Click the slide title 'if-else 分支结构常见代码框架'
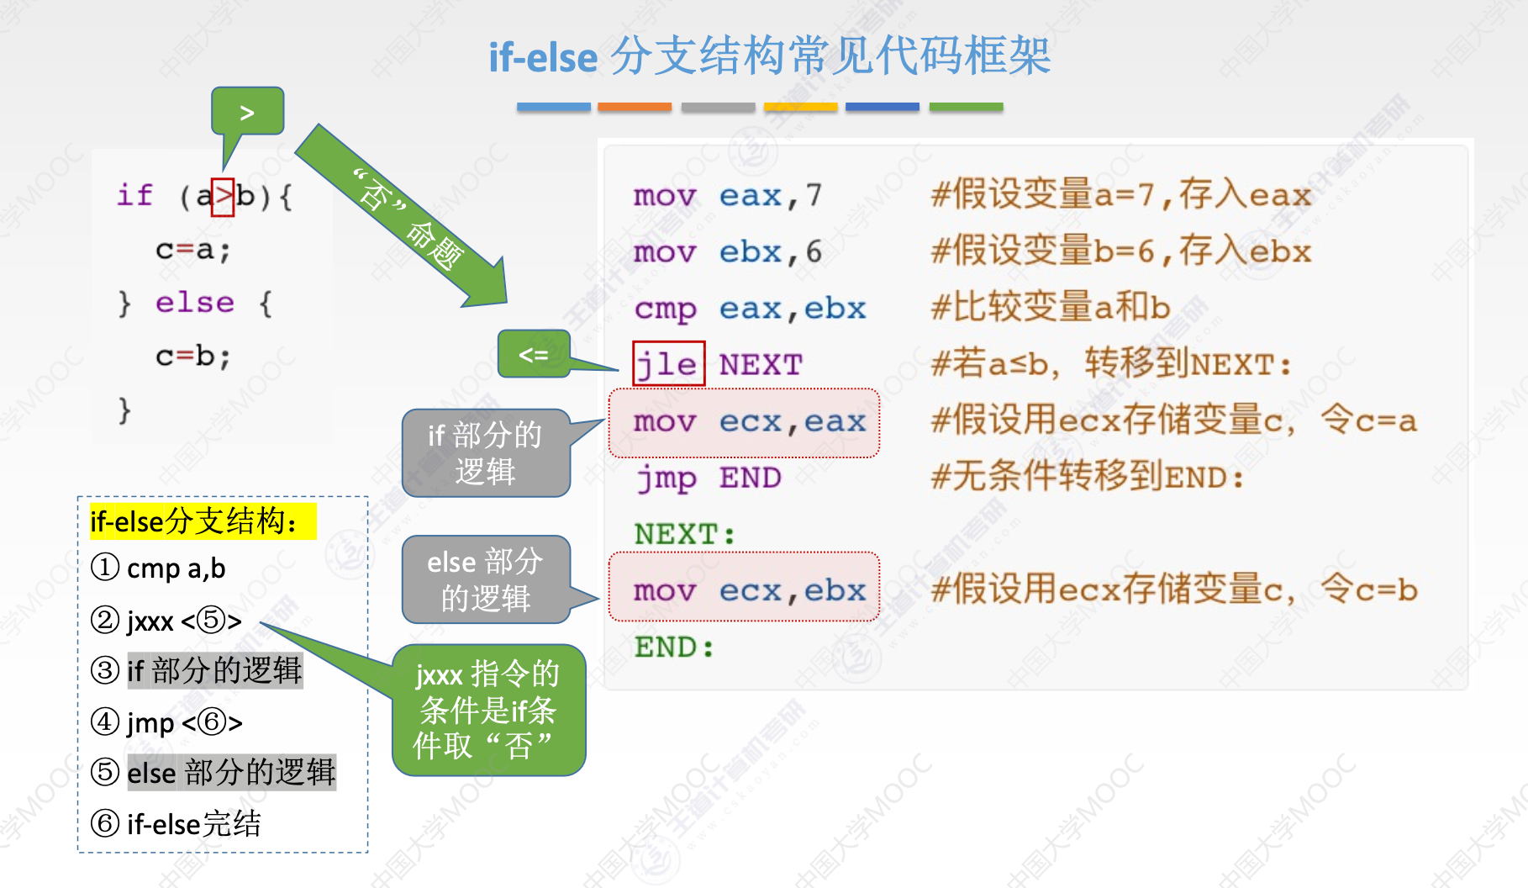click(x=769, y=57)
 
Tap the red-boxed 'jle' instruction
click(x=668, y=364)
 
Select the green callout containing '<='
click(x=534, y=354)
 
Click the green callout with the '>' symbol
click(x=247, y=112)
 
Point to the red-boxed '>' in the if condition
click(x=223, y=197)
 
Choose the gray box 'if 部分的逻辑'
click(x=486, y=453)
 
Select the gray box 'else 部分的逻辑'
click(x=486, y=579)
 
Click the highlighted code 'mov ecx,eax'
click(x=745, y=422)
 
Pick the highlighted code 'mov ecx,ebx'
click(x=745, y=590)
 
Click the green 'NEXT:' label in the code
click(x=685, y=534)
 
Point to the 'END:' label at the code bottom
click(x=674, y=647)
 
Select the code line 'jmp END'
click(x=709, y=478)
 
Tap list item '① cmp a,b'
click(x=159, y=568)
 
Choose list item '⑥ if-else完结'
click(x=177, y=823)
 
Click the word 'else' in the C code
click(x=194, y=303)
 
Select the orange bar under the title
click(x=635, y=107)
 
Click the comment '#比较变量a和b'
click(x=1051, y=308)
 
